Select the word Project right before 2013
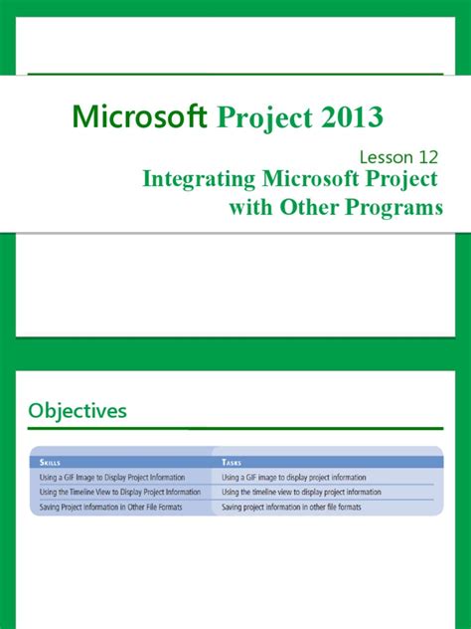point(259,118)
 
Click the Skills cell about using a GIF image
point(112,478)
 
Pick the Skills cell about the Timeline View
point(120,492)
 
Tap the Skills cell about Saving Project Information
point(115,507)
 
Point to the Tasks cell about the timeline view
point(301,492)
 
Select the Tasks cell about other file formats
point(291,507)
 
